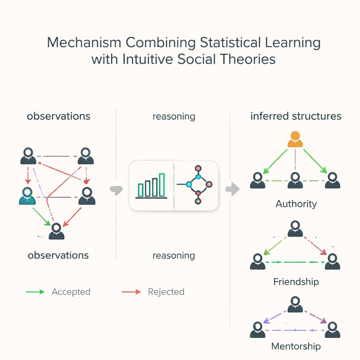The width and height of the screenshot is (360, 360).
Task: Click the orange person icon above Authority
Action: pyautogui.click(x=295, y=139)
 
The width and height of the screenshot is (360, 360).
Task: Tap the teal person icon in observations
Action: pyautogui.click(x=27, y=196)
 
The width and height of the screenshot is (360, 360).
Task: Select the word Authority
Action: pyautogui.click(x=296, y=204)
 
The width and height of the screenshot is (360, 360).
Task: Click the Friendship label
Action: pyautogui.click(x=296, y=282)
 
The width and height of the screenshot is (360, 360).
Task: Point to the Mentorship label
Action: pyautogui.click(x=296, y=346)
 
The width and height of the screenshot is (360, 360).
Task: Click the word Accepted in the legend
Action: pyautogui.click(x=71, y=292)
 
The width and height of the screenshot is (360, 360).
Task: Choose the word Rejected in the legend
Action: pyautogui.click(x=166, y=292)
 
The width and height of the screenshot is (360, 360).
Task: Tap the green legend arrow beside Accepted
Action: pyautogui.click(x=36, y=292)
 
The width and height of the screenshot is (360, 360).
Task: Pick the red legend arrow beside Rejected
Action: pyautogui.click(x=131, y=292)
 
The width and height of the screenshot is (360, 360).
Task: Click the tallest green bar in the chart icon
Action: pyautogui.click(x=162, y=185)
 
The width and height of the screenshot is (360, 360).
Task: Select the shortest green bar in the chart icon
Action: pyautogui.click(x=141, y=190)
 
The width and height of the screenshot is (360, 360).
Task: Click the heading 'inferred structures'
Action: pyautogui.click(x=296, y=116)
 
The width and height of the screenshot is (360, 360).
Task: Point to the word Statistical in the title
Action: pyautogui.click(x=230, y=43)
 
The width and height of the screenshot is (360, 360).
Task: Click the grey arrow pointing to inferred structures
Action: pyautogui.click(x=233, y=189)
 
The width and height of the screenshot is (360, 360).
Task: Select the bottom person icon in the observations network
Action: pyautogui.click(x=57, y=231)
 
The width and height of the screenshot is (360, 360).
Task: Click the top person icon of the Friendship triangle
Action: pyautogui.click(x=295, y=229)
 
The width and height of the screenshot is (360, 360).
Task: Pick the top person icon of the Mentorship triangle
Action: pyautogui.click(x=295, y=304)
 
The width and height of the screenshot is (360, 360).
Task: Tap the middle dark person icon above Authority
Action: pyautogui.click(x=295, y=180)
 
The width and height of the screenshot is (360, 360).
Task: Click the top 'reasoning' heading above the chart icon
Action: pyautogui.click(x=174, y=117)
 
